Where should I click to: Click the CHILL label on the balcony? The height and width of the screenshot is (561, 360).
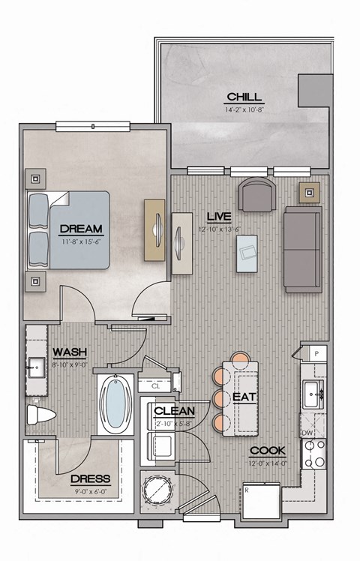click(x=244, y=97)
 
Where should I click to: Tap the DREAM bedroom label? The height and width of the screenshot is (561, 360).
click(x=80, y=228)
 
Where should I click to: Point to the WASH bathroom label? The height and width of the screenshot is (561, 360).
click(x=70, y=351)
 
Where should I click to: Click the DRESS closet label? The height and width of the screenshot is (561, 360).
click(x=90, y=478)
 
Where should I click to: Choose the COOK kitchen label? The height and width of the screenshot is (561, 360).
click(x=267, y=451)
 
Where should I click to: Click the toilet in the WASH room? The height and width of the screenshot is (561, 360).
click(x=39, y=414)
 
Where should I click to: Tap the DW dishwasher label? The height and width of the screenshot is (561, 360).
click(x=306, y=433)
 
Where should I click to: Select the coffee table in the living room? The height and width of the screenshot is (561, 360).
click(x=246, y=253)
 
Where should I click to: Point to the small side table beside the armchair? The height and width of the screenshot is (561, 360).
click(x=309, y=192)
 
